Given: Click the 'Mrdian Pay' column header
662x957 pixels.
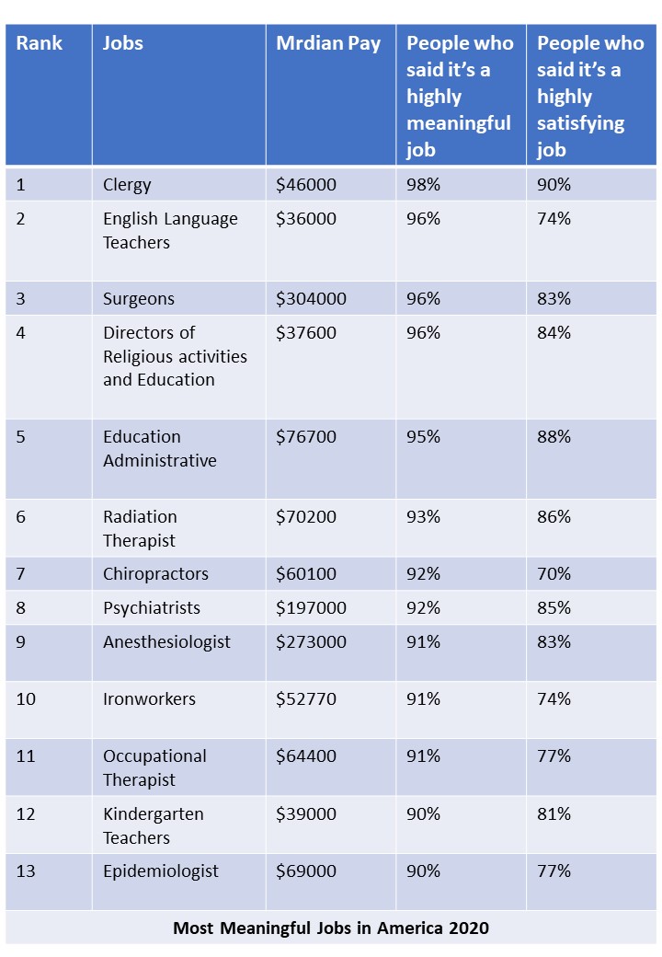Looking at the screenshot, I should pos(328,44).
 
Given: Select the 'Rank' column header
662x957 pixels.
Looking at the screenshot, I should pos(39,44).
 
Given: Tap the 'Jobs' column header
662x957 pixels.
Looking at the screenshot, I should pos(123,44).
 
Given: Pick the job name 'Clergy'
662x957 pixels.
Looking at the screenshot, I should pos(127,185).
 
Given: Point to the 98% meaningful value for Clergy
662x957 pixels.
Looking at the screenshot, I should pos(423,185).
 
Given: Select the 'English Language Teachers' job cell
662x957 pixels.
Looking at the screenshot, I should pos(170,231).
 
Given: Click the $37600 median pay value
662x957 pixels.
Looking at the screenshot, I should pos(306,333).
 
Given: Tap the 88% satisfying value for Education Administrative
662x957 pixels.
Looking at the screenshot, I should pos(554,437).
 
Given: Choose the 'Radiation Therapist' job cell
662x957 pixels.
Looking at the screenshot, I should pos(140,529).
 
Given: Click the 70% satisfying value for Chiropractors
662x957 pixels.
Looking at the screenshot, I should pos(554,574).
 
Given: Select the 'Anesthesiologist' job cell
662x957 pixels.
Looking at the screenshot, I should pos(166,642).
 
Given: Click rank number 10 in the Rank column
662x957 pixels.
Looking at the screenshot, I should pos(26,699).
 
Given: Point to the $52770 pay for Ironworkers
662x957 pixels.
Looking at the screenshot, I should pos(306,699).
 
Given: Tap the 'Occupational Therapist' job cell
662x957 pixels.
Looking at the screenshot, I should pos(154,768).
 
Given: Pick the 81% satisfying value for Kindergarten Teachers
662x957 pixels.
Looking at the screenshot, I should pos(554,814).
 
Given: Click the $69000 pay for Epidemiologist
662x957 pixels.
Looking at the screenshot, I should pos(306,871).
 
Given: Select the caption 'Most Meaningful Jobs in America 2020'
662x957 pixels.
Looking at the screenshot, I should pos(331,928).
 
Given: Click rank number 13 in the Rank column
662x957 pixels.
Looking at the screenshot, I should pos(26,871).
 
